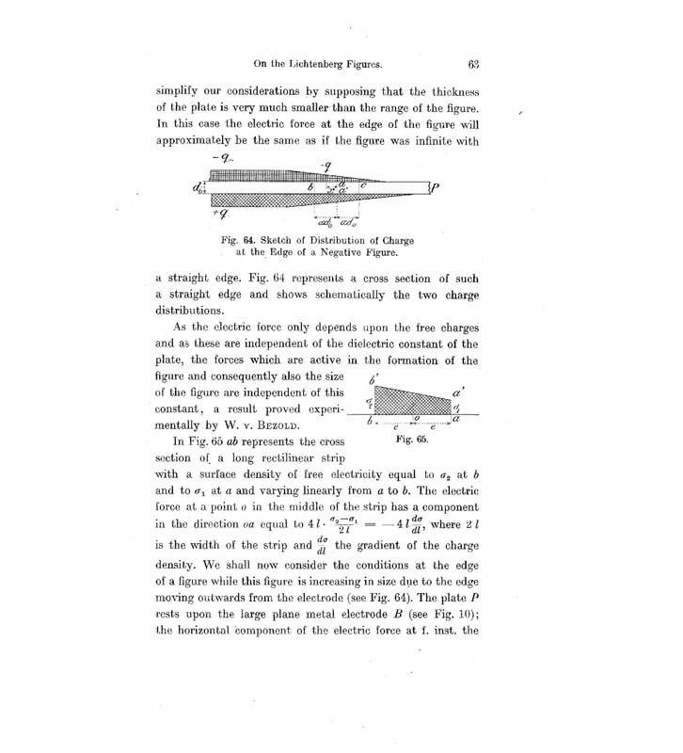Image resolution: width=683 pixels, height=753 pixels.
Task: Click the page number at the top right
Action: [x=473, y=66]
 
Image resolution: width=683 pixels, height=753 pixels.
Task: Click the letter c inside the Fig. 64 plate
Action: [x=363, y=185]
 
